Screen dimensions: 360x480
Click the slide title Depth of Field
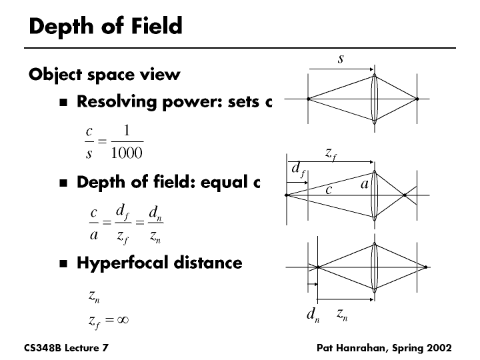pos(105,27)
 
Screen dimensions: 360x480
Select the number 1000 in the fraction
pos(127,154)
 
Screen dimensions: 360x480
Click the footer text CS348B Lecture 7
pos(66,348)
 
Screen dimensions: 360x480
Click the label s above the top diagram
pos(341,59)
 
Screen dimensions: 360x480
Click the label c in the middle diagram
pos(329,190)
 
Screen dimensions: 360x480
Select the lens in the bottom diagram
pos(375,267)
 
